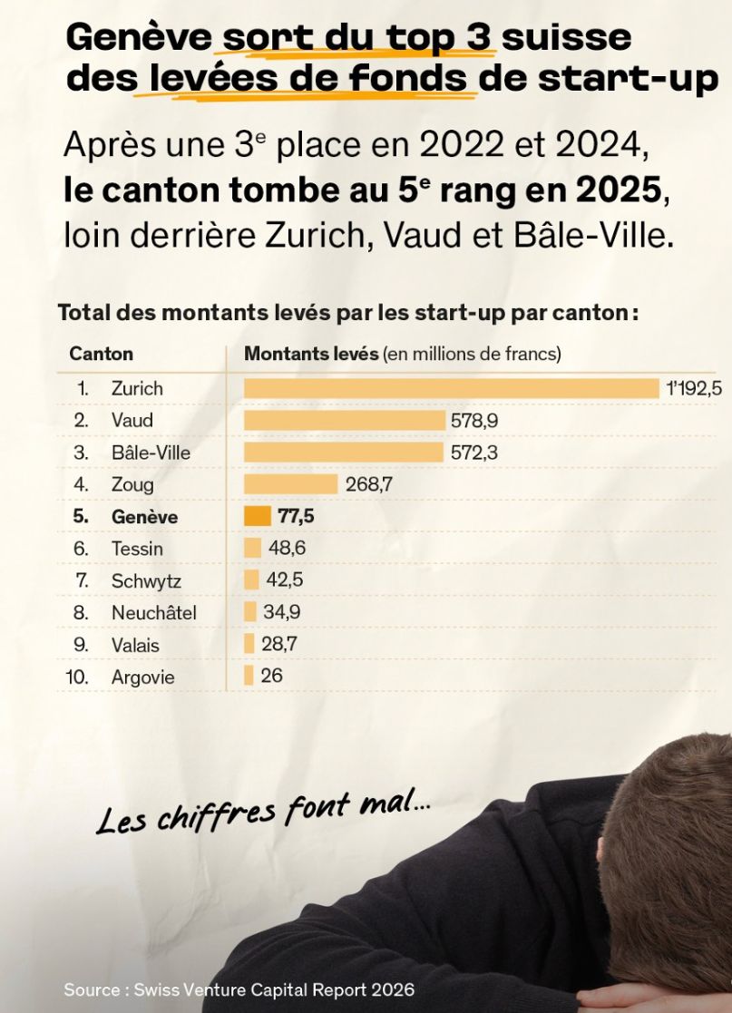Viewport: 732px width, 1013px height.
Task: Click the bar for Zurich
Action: coord(451,388)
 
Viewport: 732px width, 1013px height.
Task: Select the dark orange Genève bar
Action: coord(258,516)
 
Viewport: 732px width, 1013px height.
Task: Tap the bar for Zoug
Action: coord(290,484)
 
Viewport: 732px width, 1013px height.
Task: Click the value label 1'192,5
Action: coord(694,388)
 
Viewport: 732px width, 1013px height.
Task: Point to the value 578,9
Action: coord(474,421)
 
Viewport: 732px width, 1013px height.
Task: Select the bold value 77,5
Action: coord(296,517)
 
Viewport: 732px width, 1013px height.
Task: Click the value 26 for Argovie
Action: coord(271,676)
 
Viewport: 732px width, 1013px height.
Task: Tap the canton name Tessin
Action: coord(137,549)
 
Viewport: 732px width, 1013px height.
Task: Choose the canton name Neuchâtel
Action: coord(153,613)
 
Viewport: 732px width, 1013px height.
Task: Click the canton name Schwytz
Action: coord(145,581)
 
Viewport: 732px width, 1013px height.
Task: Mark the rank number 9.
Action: coord(81,646)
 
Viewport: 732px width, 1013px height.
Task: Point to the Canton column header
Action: coord(101,354)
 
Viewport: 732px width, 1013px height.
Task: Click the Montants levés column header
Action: coord(311,354)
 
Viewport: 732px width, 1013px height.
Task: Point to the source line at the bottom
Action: coord(239,989)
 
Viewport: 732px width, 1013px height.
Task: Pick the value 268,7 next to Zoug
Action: coord(369,484)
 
